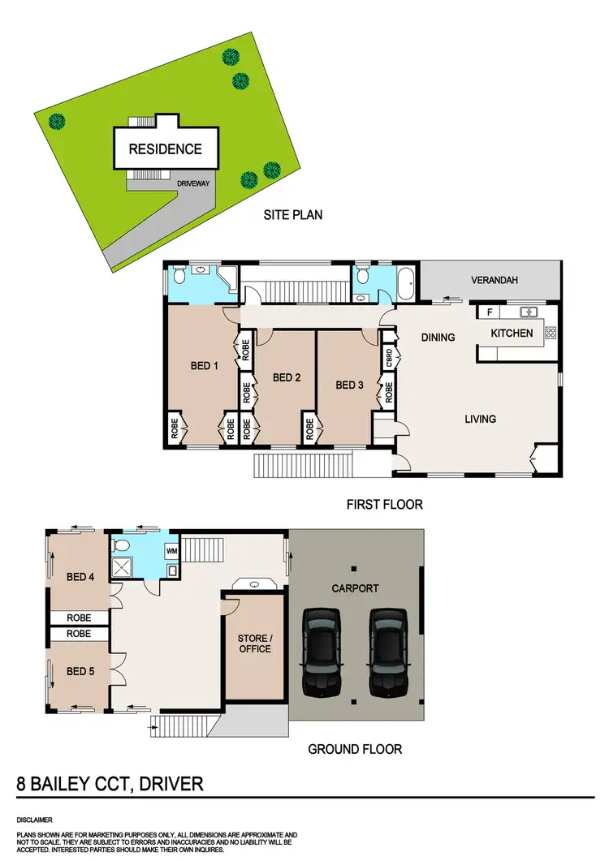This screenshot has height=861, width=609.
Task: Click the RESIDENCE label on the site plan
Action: pyautogui.click(x=165, y=149)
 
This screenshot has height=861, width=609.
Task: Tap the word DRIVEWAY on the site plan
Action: pyautogui.click(x=193, y=183)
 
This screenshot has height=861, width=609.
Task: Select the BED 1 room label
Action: pyautogui.click(x=205, y=366)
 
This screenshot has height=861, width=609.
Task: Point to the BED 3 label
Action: pyautogui.click(x=349, y=385)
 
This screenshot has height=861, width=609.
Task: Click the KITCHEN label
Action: pyautogui.click(x=512, y=333)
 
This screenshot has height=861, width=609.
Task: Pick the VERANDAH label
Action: pyautogui.click(x=495, y=282)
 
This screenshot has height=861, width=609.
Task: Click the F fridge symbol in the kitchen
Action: pyautogui.click(x=490, y=312)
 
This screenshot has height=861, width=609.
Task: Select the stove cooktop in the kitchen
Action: pyautogui.click(x=551, y=332)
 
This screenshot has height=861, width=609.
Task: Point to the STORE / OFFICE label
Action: pyautogui.click(x=255, y=644)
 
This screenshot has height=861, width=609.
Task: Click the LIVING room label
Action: pyautogui.click(x=480, y=420)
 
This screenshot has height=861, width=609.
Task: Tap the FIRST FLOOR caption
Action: pyautogui.click(x=385, y=504)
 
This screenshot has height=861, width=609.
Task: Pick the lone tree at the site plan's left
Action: pyautogui.click(x=56, y=123)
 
